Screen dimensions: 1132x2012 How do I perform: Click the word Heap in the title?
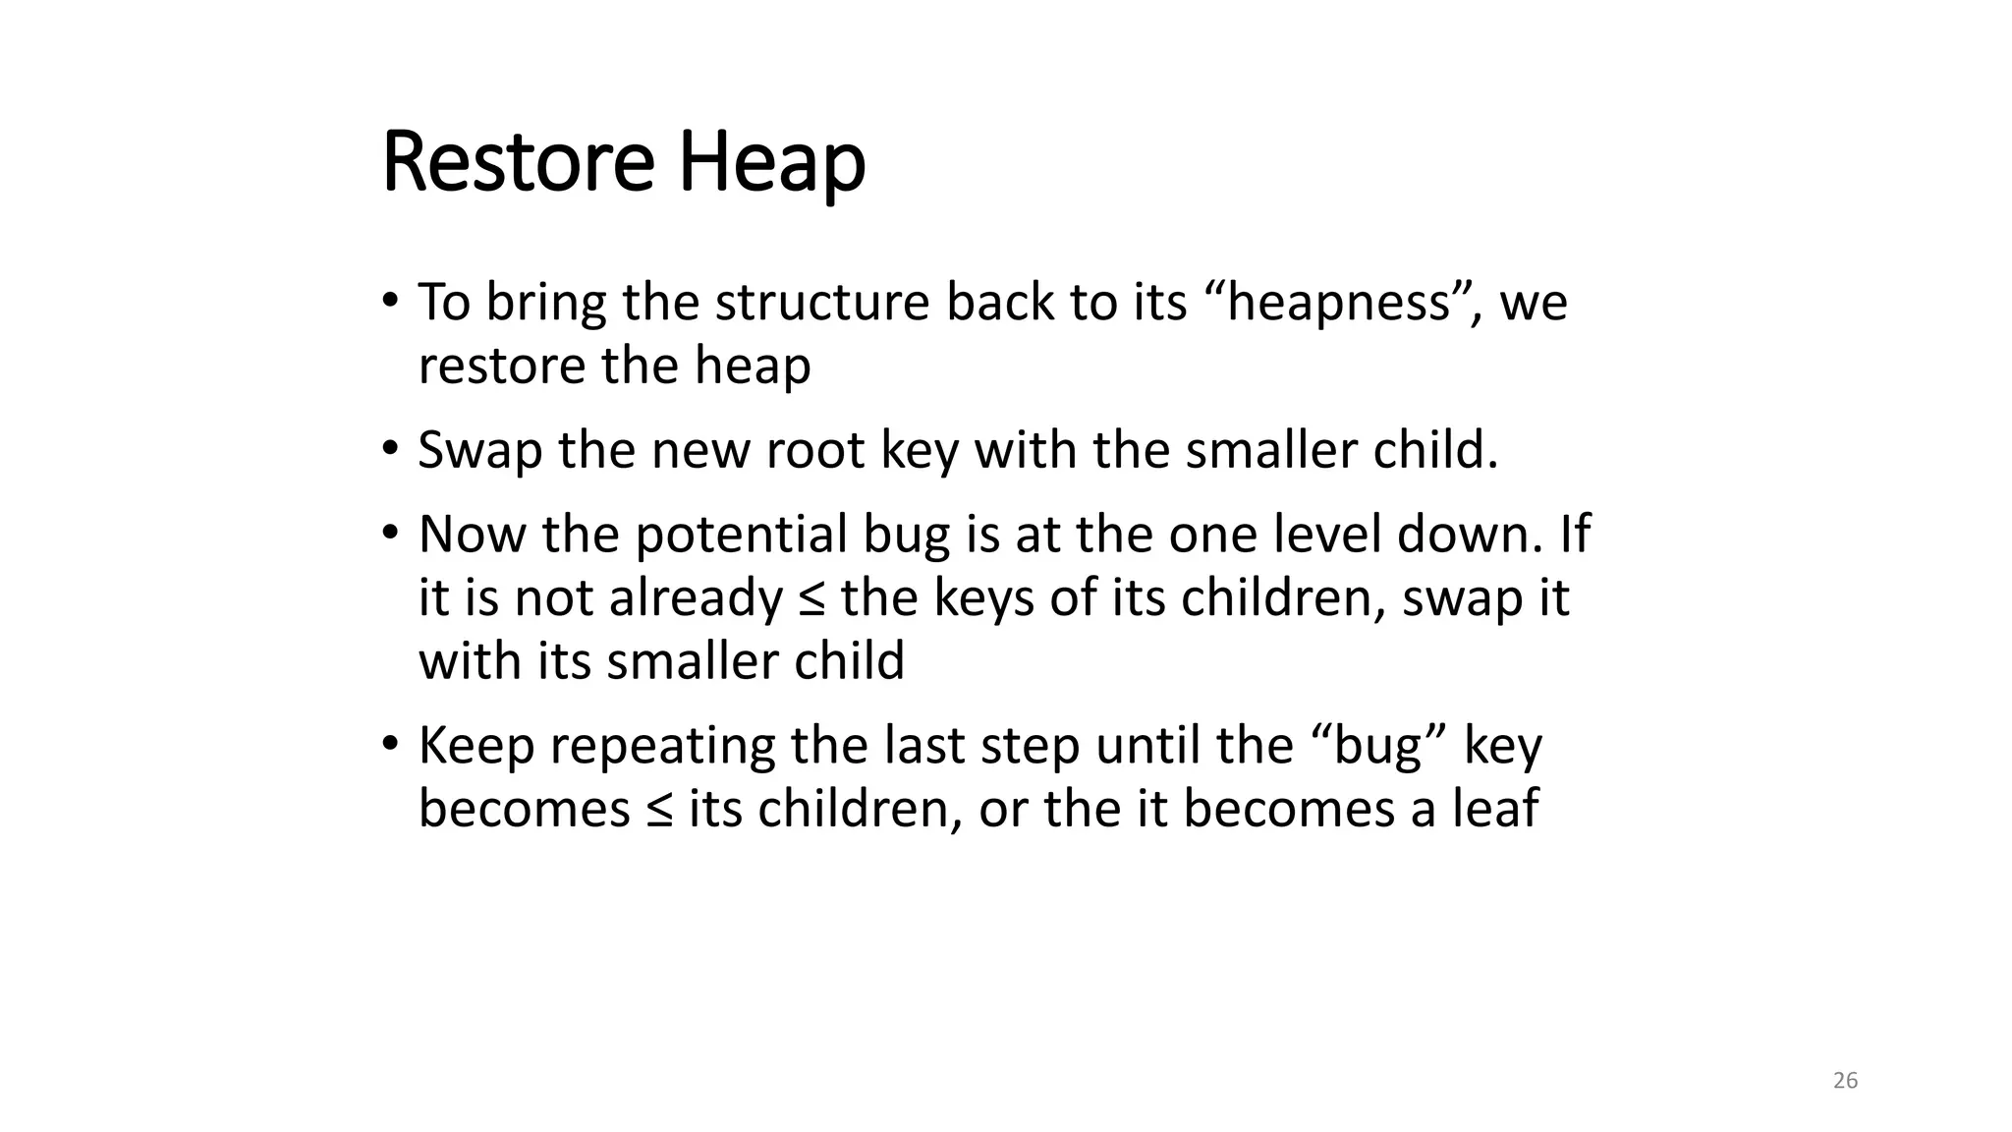[771, 164]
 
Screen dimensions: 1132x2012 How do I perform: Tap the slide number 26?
[1845, 1081]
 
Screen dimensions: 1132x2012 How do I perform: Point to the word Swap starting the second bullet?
[479, 450]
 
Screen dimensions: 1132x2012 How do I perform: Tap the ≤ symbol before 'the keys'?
[811, 598]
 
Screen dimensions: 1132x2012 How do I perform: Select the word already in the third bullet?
[696, 598]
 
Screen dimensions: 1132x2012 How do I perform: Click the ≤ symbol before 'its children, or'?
[659, 810]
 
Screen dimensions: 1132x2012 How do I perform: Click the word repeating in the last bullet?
[662, 747]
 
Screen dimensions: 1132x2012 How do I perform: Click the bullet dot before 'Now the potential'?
[390, 534]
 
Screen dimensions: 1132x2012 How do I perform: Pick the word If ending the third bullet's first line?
[1575, 535]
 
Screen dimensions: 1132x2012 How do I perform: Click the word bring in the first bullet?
[545, 303]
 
